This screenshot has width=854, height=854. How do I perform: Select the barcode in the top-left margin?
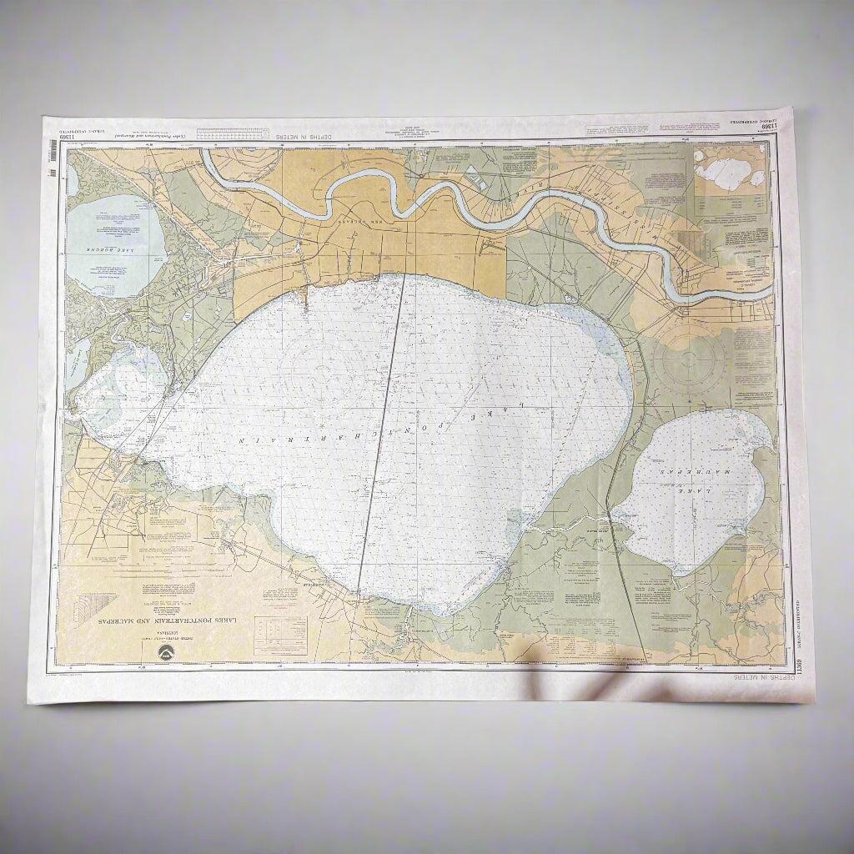coord(54,150)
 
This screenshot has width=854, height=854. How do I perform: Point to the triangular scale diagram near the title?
coord(91,608)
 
